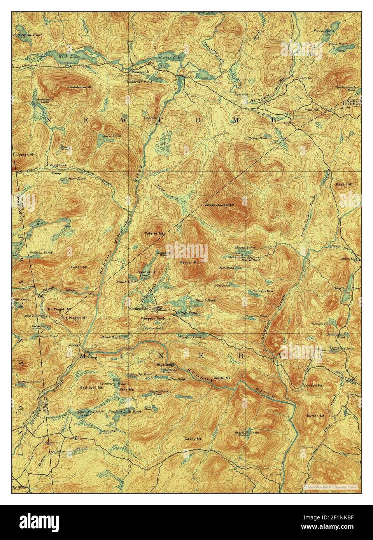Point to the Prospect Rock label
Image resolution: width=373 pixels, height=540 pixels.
tap(152, 318)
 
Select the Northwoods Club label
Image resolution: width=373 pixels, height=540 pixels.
tap(143, 309)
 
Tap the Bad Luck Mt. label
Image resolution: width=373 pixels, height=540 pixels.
tap(91, 388)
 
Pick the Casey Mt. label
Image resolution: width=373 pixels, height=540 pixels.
tap(195, 439)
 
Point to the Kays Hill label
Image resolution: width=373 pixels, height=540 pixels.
tap(343, 184)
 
